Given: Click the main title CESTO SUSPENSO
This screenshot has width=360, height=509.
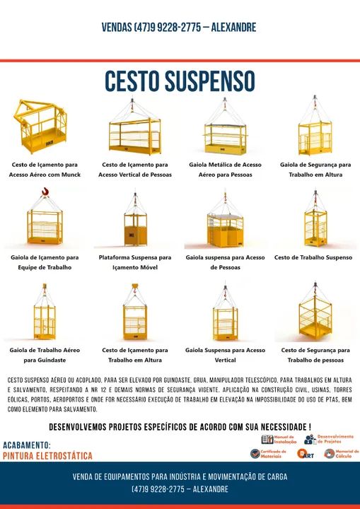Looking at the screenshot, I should (180, 81).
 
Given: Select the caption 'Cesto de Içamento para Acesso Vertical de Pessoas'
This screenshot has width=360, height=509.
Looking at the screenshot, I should (134, 170).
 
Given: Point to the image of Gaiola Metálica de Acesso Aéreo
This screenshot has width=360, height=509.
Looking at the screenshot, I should (225, 129).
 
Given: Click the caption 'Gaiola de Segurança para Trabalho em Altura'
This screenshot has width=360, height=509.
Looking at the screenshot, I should (315, 170).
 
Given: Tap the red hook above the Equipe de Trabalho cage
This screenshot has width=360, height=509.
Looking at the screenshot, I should (45, 192).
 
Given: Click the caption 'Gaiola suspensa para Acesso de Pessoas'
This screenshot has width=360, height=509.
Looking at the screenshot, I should (225, 262).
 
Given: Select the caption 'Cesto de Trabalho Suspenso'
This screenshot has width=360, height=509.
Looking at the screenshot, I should (313, 258).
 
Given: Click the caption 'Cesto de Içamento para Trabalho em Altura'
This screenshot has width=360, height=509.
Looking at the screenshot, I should (134, 355).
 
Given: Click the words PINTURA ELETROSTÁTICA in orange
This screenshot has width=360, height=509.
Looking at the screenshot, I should (47, 456).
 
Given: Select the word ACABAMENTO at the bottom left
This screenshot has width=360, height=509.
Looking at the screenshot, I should (27, 445).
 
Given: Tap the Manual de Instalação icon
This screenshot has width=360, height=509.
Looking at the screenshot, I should (267, 440).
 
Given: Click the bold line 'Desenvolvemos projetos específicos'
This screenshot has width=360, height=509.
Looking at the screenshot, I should (180, 427).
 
